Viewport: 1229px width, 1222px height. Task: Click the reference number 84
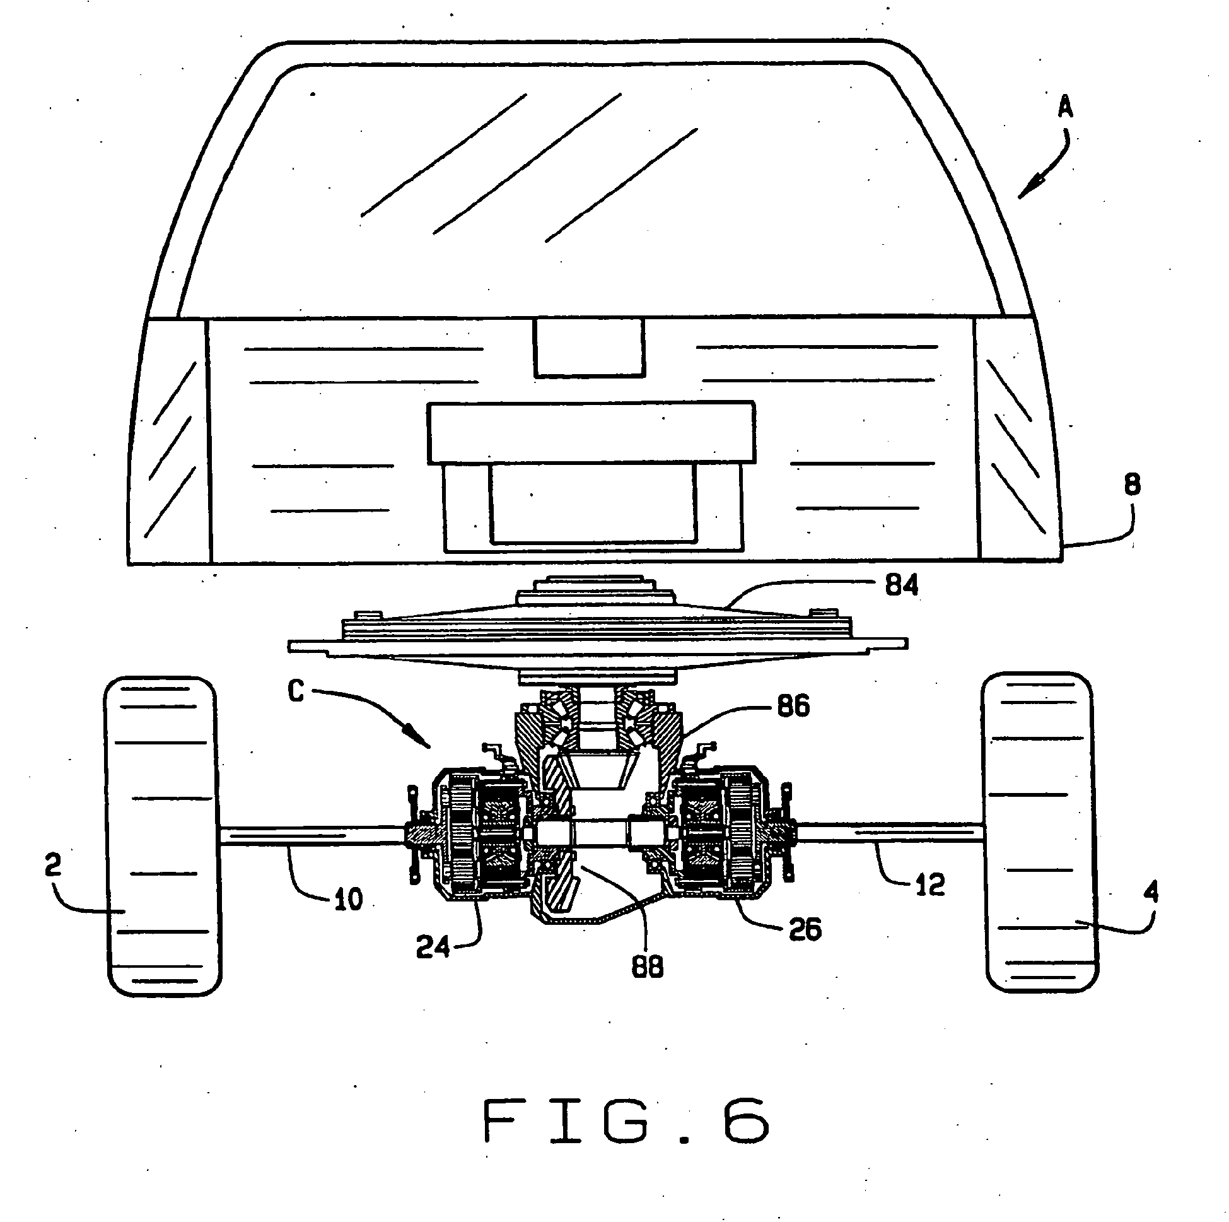[901, 584]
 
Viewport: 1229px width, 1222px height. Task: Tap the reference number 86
[793, 706]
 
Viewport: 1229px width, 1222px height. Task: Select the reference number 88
[647, 966]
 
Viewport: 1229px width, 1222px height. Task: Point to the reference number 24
[433, 947]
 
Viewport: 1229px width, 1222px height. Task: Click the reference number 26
[805, 929]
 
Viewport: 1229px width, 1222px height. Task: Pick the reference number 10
[348, 899]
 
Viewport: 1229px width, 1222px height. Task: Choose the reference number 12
[930, 884]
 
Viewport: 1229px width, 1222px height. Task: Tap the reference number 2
[54, 864]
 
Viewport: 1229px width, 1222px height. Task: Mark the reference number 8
[1132, 485]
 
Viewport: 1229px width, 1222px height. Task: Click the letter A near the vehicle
[1065, 107]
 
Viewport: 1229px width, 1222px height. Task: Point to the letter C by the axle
[296, 691]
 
